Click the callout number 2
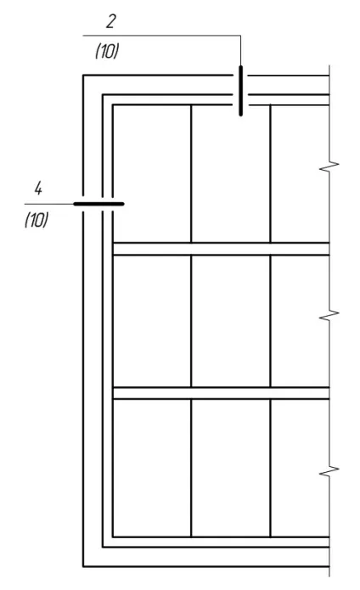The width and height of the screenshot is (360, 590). coord(110,21)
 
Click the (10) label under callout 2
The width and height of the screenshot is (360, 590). coord(107,51)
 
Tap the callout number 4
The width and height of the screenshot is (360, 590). coord(38,188)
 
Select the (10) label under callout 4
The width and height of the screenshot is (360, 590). coord(37,220)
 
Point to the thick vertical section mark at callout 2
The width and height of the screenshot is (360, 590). coord(241,91)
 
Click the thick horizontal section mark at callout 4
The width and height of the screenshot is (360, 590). coord(98,204)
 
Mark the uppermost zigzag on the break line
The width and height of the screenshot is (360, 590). coord(329,166)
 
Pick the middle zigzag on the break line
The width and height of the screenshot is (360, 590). coord(329,315)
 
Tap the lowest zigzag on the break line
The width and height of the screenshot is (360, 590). coord(329,471)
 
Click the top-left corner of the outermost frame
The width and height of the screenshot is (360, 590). coord(83,76)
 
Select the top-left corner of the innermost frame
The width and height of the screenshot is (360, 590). coord(113,105)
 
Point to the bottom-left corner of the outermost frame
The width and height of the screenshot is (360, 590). coord(83,566)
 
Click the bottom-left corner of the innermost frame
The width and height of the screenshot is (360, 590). coord(113,537)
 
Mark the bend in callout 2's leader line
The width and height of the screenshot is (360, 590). coord(240,36)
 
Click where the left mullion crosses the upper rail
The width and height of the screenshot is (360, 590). coord(191,249)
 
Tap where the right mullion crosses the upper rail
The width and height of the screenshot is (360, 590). coord(270,249)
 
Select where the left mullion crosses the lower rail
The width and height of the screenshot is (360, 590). coord(191,393)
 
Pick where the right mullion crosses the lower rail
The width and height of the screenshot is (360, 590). coord(270,393)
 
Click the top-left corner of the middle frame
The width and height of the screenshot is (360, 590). coord(103,95)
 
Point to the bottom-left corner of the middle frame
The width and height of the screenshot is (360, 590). coord(103,547)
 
